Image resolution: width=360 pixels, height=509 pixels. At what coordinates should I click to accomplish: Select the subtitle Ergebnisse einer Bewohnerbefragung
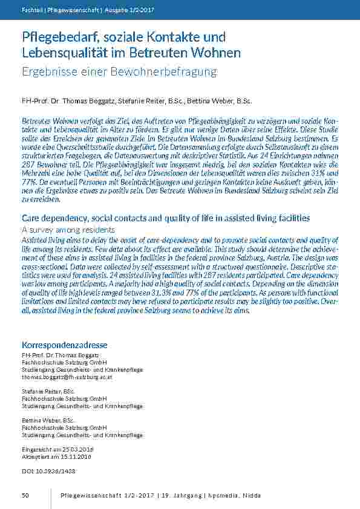[119, 72]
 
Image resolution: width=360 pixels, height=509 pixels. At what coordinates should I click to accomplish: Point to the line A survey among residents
[68, 230]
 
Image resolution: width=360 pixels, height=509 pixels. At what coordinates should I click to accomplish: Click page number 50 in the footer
[25, 496]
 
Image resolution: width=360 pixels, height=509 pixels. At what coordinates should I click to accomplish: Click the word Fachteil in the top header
[32, 10]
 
